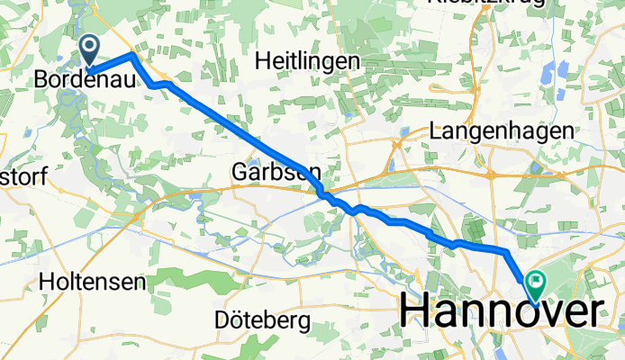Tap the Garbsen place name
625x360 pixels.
[x=275, y=170]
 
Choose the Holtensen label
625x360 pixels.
[x=93, y=282]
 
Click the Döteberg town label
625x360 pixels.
[x=264, y=319]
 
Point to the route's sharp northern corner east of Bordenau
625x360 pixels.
[x=133, y=55]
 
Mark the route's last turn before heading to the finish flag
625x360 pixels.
[x=503, y=249]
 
